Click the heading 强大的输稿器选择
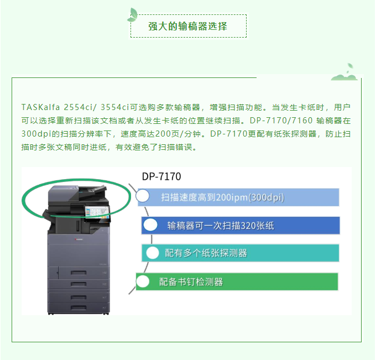(x=187, y=26)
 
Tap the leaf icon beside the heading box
(x=132, y=15)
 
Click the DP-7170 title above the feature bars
(x=161, y=176)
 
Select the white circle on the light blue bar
(x=143, y=196)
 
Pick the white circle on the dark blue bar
(x=150, y=225)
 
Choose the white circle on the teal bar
(x=153, y=253)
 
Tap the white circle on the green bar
(x=143, y=281)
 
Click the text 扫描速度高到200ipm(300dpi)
(x=222, y=197)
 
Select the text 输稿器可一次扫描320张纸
(x=221, y=226)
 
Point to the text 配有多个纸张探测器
(x=206, y=253)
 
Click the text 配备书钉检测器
(x=191, y=282)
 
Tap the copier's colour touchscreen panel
(x=97, y=212)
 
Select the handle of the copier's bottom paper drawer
(x=79, y=307)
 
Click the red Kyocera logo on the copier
(x=78, y=239)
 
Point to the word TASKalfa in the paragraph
(x=40, y=107)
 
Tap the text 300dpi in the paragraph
(x=36, y=134)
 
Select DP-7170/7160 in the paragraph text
(x=281, y=121)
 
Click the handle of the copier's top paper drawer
(x=79, y=273)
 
